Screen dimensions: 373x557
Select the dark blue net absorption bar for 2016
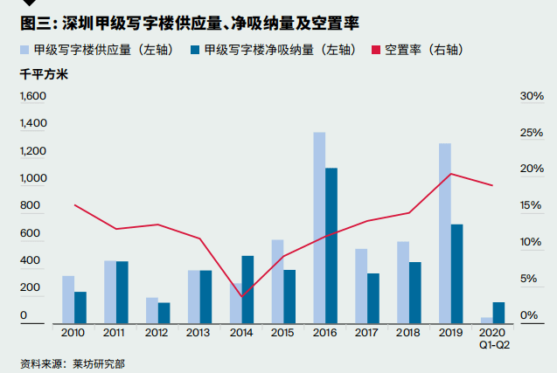[331, 245]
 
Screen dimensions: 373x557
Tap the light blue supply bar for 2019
[445, 232]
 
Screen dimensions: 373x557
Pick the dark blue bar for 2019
[456, 273]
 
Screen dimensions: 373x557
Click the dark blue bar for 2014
[247, 288]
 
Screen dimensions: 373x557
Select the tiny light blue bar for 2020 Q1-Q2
[486, 320]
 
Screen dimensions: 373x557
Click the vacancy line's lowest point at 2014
[241, 297]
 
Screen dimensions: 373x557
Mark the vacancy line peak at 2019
[450, 174]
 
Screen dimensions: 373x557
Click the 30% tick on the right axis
[532, 96]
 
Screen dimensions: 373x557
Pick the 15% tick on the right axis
[532, 205]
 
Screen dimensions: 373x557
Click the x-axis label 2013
[199, 333]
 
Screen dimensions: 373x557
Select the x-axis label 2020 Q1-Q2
[493, 338]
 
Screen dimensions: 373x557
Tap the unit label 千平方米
[44, 74]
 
